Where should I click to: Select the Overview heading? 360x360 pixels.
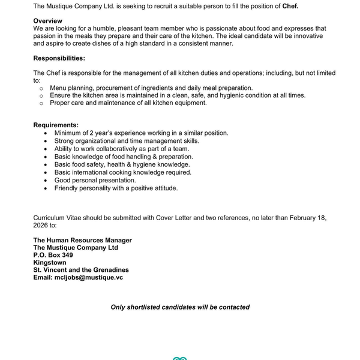coord(47,21)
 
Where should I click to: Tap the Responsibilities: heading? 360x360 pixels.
coord(59,58)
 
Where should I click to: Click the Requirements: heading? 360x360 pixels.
coord(56,125)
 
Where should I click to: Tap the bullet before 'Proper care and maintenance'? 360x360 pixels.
coord(41,103)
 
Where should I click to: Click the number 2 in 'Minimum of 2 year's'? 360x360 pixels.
coord(91,133)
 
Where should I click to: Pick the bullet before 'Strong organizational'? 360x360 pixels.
coord(46,141)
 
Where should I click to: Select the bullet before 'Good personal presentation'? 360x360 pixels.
coord(46,180)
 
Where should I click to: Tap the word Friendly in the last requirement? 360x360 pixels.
coord(67,188)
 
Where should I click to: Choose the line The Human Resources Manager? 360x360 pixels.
coord(83,240)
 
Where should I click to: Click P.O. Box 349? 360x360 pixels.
coord(53,255)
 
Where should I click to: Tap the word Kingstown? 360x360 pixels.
coord(50,262)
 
